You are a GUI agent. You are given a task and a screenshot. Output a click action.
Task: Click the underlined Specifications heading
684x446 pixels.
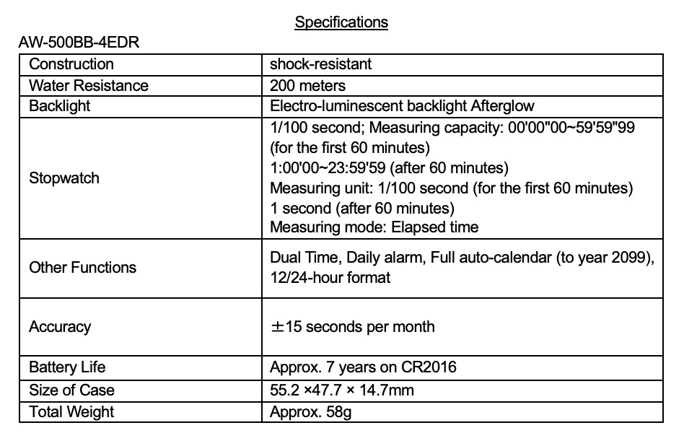point(341,22)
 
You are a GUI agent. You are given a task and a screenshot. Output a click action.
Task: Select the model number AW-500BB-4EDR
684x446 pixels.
point(79,42)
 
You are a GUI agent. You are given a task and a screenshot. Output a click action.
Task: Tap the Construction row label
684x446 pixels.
point(71,64)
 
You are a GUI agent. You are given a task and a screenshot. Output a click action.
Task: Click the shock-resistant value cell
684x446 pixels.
point(320,64)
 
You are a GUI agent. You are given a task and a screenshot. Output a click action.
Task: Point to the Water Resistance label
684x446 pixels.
point(88,86)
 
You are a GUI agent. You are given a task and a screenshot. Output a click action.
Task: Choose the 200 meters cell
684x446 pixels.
point(307,86)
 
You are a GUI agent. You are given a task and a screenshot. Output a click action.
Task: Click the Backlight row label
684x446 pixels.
point(60,107)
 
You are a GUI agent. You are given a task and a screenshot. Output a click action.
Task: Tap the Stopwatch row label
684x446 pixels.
point(64,178)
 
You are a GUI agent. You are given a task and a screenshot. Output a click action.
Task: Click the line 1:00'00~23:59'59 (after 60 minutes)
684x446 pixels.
point(389,168)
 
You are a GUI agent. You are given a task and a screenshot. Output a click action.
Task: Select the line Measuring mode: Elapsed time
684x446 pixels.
point(374,227)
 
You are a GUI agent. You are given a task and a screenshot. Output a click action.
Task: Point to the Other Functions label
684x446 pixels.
point(82,268)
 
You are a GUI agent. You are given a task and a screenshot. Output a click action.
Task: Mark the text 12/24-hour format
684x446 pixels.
point(330,277)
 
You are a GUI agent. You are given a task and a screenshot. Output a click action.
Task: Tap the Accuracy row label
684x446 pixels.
point(60,327)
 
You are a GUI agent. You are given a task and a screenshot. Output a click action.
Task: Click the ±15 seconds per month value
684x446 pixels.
point(352,327)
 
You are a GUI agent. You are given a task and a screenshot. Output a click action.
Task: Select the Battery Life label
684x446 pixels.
point(67,367)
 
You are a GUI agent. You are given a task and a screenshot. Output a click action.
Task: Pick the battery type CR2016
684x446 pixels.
point(429,367)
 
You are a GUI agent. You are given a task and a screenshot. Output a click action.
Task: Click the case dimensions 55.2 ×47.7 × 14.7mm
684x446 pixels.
point(342,390)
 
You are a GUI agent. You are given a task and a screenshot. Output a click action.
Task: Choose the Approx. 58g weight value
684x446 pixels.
point(311,412)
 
